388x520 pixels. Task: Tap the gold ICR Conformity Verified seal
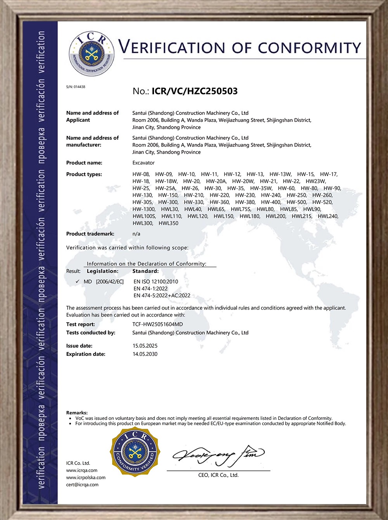coord(135,451)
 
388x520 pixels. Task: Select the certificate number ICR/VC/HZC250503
coord(194,91)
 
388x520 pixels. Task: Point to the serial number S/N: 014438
coord(76,87)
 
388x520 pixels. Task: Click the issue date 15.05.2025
coord(145,346)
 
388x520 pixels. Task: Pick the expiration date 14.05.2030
coord(145,354)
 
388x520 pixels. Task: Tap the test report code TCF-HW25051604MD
coord(158,324)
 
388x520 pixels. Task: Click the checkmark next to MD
coord(78,281)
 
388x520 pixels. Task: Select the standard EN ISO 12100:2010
coord(156,282)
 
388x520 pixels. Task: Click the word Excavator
coord(144,163)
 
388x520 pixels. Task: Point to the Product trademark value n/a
coord(136,234)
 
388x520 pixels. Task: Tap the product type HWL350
coord(168,223)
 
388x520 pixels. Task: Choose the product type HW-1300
coord(144,209)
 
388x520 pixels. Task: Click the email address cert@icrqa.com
coord(82,485)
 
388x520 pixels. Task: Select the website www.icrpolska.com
coord(86,477)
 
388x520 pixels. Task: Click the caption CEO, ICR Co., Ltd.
coord(218,475)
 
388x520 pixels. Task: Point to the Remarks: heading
coord(77,413)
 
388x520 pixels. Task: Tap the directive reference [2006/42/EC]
coord(110,282)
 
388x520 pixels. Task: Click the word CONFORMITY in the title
coord(310,48)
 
